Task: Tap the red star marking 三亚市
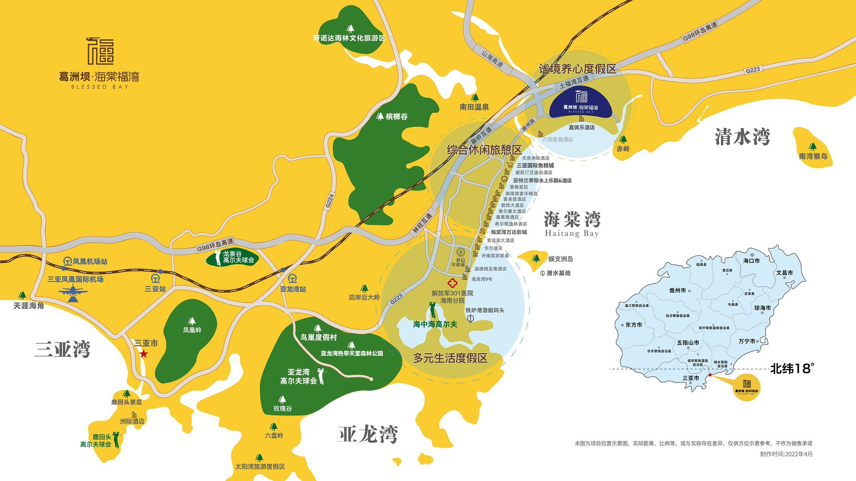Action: pyautogui.click(x=144, y=354)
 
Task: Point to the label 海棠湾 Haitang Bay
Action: pyautogui.click(x=572, y=224)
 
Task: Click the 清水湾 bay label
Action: pyautogui.click(x=742, y=137)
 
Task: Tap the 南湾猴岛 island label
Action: pyautogui.click(x=813, y=156)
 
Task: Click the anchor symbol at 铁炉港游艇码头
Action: pyautogui.click(x=470, y=318)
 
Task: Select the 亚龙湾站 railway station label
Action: pyautogui.click(x=293, y=289)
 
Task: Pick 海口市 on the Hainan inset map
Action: pyautogui.click(x=751, y=260)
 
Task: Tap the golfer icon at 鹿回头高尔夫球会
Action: pyautogui.click(x=117, y=440)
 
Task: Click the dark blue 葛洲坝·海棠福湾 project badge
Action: pyautogui.click(x=581, y=103)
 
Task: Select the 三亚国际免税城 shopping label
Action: pyautogui.click(x=535, y=165)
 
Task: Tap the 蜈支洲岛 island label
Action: pyautogui.click(x=560, y=259)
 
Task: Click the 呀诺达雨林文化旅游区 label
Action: pyautogui.click(x=349, y=38)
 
